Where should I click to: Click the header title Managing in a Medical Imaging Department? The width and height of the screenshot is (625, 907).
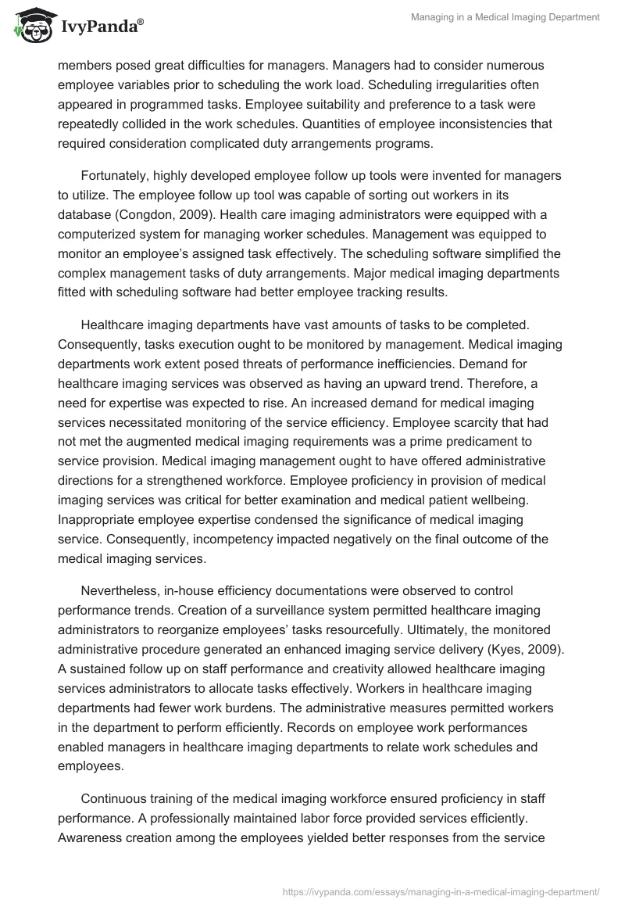(x=505, y=16)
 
